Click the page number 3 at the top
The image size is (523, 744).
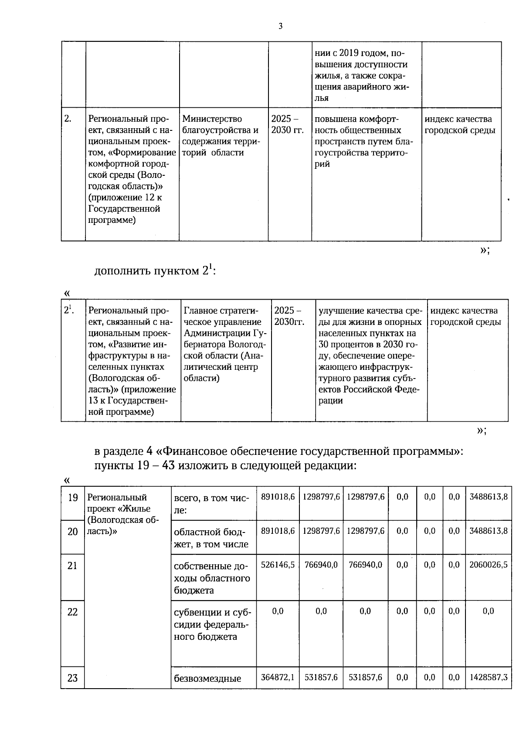(280, 26)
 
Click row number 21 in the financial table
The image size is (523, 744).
(72, 566)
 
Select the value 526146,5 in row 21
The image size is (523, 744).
(278, 565)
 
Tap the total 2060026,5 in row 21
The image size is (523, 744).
(488, 565)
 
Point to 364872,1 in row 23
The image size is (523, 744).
(278, 677)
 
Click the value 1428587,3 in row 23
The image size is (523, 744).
(488, 677)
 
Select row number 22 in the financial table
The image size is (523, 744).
(72, 612)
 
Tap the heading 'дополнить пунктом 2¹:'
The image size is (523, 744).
(155, 271)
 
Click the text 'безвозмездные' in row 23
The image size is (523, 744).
(207, 679)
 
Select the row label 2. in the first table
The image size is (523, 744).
(68, 119)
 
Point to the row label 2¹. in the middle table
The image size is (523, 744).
(69, 310)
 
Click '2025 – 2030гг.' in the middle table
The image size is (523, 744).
(289, 316)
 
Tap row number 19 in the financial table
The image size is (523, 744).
(72, 497)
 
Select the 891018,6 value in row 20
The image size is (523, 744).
(278, 531)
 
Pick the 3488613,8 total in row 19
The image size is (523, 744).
(488, 497)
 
